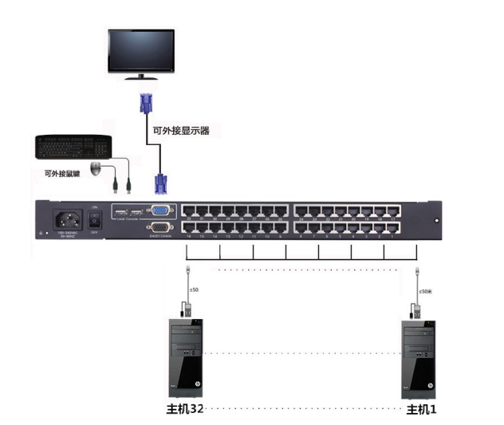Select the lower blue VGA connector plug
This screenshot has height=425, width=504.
coord(159,183)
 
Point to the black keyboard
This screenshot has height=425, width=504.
coord(73,147)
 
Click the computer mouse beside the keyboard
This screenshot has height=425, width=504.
coord(96,168)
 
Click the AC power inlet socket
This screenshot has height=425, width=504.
coord(67,219)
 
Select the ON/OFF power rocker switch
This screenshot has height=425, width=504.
coord(94,218)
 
